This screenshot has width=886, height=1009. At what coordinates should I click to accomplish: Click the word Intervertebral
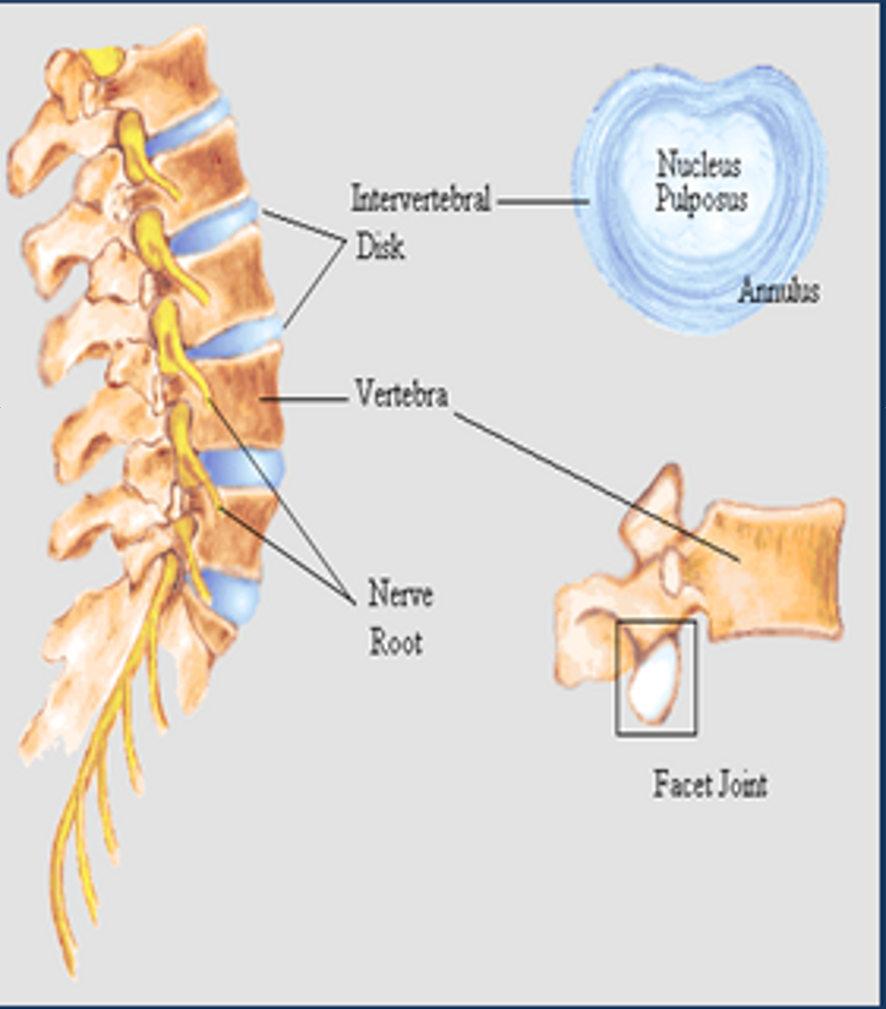pyautogui.click(x=421, y=198)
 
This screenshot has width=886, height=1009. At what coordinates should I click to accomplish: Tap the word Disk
pyautogui.click(x=380, y=247)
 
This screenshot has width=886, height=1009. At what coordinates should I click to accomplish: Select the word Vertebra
pyautogui.click(x=402, y=395)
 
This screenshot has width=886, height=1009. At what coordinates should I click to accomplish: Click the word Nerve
pyautogui.click(x=400, y=594)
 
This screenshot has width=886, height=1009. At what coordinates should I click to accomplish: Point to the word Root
pyautogui.click(x=395, y=643)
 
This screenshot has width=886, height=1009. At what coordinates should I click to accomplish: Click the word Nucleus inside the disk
pyautogui.click(x=698, y=165)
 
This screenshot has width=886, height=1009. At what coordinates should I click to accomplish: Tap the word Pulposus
pyautogui.click(x=701, y=198)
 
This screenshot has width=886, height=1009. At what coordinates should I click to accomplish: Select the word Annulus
pyautogui.click(x=778, y=291)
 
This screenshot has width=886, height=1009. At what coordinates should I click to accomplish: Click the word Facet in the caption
pyautogui.click(x=677, y=784)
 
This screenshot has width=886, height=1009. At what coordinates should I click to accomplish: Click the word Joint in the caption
pyautogui.click(x=739, y=784)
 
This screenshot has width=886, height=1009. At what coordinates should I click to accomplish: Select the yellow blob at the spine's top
pyautogui.click(x=103, y=60)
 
